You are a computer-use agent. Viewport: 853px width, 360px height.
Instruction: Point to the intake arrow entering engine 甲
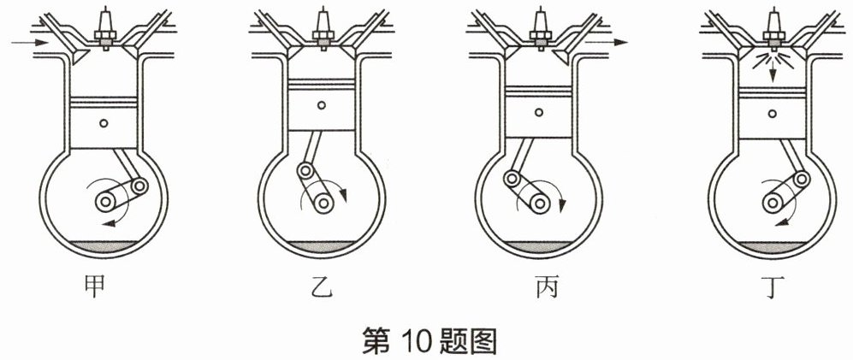point(29,42)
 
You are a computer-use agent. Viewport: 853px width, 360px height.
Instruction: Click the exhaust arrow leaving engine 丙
point(607,42)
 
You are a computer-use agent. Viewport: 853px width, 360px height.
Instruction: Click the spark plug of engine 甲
point(105,28)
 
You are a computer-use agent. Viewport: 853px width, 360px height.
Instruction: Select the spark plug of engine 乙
point(323,28)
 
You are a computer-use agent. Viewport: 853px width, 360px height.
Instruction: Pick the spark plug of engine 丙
point(540,28)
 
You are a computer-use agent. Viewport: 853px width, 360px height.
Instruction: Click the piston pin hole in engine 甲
point(104,123)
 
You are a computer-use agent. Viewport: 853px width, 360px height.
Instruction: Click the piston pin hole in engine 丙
point(538,112)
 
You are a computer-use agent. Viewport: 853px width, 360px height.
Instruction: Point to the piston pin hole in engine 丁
point(773,113)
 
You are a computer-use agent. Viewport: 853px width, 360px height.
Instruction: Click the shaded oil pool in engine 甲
point(104,246)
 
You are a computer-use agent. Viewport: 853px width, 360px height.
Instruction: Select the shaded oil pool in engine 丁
point(773,246)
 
